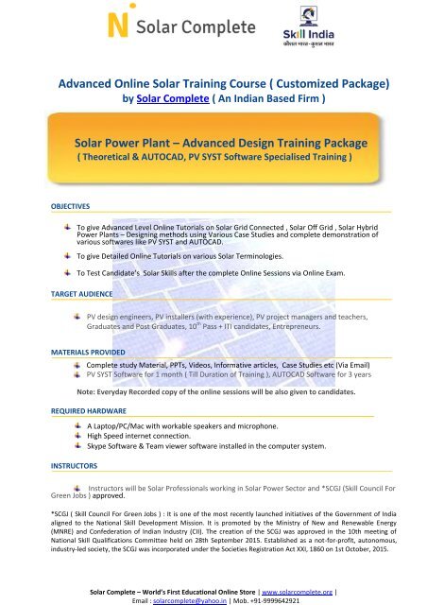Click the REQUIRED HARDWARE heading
[58, 410]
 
